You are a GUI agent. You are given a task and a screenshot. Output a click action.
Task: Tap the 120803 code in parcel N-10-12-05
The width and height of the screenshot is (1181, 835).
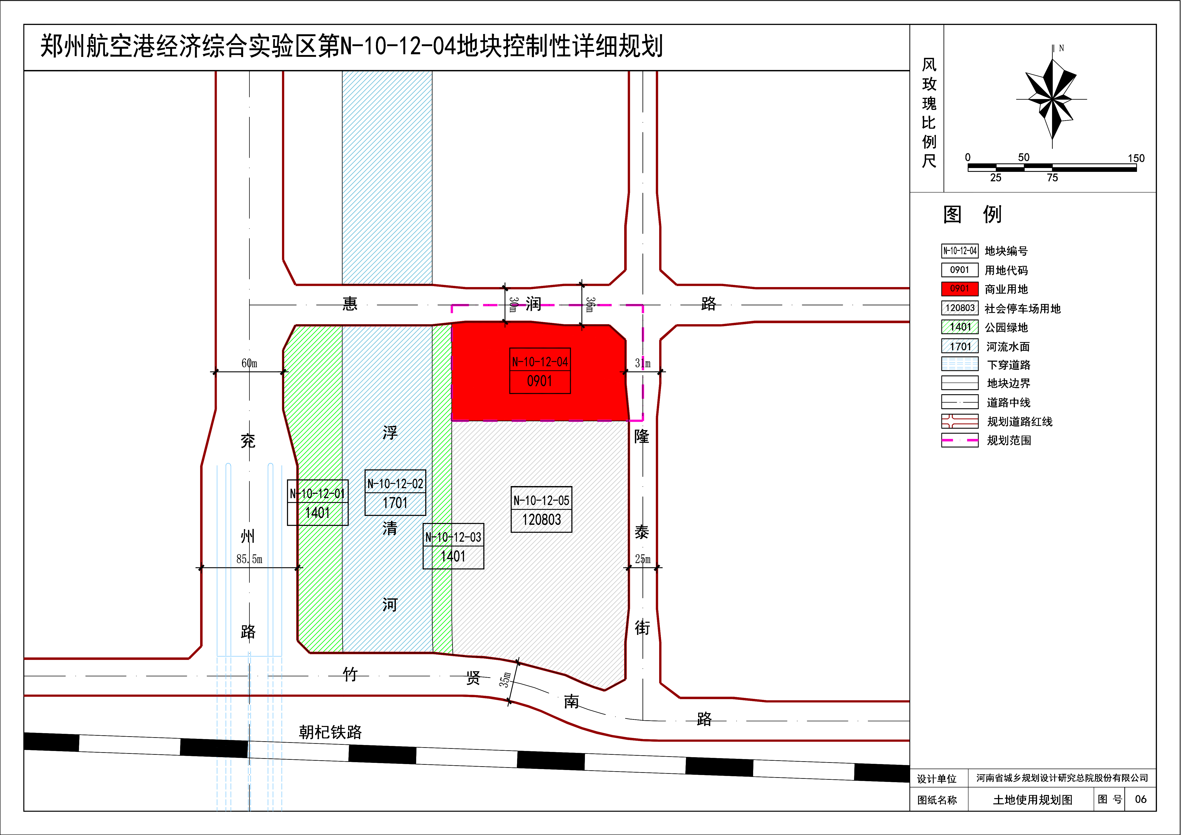[542, 520]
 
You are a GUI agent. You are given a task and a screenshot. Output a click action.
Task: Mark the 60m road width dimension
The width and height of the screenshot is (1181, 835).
[249, 363]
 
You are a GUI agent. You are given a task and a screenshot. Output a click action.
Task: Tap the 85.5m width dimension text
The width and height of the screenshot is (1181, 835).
[249, 559]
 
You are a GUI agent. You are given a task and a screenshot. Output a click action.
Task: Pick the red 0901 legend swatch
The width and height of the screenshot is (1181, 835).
[960, 289]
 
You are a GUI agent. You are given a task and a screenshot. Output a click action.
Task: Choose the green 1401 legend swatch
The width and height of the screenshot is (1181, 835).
[960, 327]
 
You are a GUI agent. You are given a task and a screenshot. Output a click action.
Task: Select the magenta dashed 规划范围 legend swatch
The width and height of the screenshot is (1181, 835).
[960, 440]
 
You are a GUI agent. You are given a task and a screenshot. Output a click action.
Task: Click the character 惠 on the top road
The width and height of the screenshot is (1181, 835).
[350, 303]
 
